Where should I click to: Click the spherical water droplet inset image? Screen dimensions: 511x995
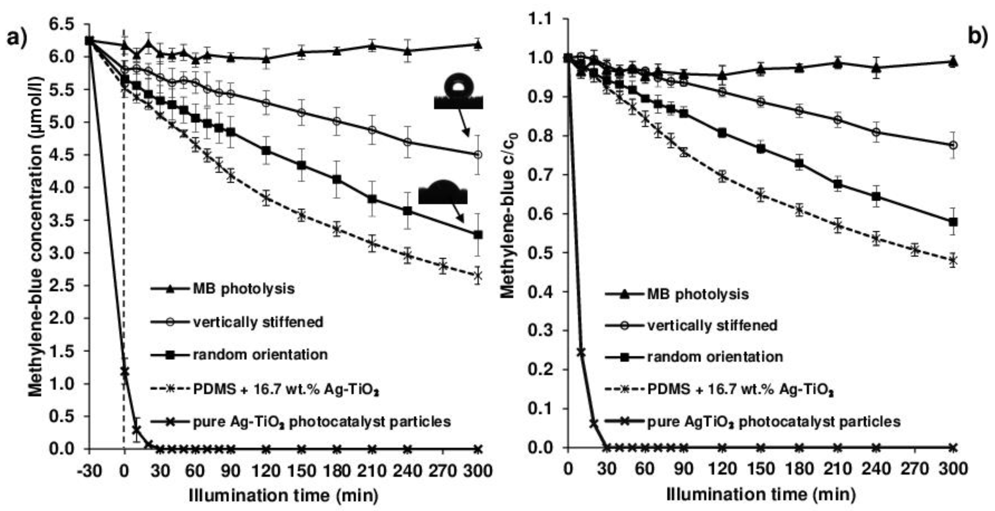tap(458, 92)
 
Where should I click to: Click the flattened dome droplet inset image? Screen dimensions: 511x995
tap(443, 192)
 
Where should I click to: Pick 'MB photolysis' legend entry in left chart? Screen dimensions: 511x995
tap(244, 289)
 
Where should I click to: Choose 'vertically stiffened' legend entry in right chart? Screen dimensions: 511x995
tap(712, 326)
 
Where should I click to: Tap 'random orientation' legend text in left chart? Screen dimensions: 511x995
tap(260, 355)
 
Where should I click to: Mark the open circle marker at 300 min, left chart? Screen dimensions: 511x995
tap(478, 155)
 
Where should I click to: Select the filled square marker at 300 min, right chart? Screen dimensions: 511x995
tap(953, 222)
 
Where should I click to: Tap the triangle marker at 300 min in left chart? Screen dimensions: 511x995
tap(478, 44)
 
